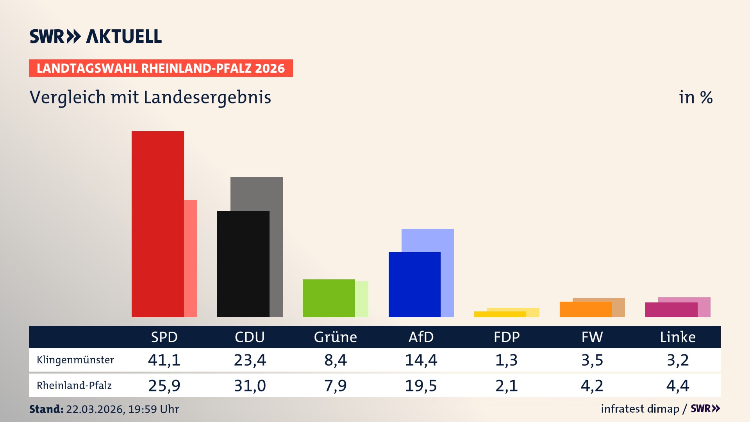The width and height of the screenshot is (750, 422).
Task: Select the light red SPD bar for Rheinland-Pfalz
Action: click(190, 258)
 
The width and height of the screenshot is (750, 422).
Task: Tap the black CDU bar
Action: click(243, 264)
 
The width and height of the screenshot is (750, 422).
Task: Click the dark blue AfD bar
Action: click(414, 284)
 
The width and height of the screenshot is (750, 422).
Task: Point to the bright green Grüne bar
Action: click(329, 298)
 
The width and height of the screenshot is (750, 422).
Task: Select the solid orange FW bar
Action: click(585, 309)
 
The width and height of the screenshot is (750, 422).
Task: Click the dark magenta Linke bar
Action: click(671, 309)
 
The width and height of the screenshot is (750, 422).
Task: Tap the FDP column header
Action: click(506, 337)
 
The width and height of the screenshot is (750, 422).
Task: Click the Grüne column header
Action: click(335, 337)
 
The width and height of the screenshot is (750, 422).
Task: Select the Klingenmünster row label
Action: click(75, 359)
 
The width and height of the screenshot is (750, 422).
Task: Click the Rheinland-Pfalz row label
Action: click(74, 385)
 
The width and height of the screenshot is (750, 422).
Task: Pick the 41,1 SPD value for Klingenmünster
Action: click(164, 359)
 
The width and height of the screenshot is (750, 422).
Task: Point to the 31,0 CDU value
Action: click(250, 386)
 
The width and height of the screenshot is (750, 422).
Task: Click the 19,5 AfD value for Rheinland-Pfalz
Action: click(421, 386)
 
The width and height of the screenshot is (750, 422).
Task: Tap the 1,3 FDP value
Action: click(506, 359)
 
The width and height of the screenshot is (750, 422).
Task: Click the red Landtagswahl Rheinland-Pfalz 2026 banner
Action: click(161, 68)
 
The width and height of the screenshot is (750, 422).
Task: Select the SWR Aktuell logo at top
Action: click(95, 36)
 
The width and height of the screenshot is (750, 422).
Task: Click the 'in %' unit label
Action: click(695, 97)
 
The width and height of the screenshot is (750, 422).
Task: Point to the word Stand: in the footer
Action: click(46, 409)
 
